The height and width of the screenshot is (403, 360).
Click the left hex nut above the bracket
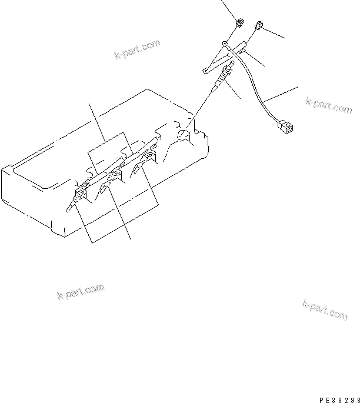tap(240, 24)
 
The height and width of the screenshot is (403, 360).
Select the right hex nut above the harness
tap(258, 26)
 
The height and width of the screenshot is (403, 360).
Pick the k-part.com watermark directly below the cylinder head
tap(81, 291)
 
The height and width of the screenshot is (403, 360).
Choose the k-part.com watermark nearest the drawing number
tap(325, 310)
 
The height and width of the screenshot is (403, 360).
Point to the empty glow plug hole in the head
tap(184, 136)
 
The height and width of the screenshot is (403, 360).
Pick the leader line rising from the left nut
tap(229, 9)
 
